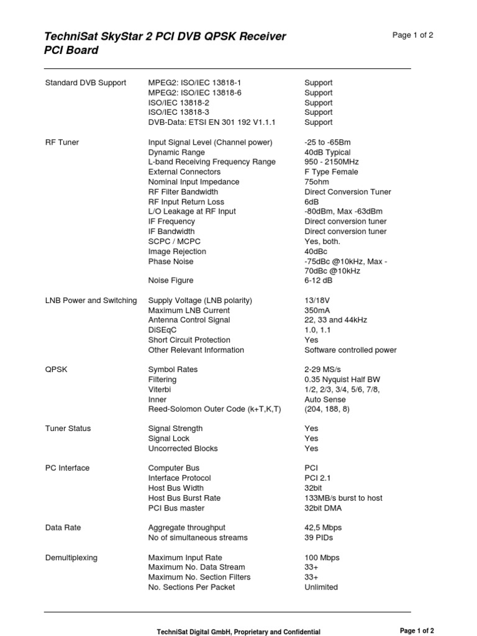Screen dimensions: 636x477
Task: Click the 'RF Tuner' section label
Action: pyautogui.click(x=62, y=142)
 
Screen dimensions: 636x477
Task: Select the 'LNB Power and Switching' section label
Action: pyautogui.click(x=91, y=301)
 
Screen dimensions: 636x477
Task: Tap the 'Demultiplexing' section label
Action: pyautogui.click(x=71, y=558)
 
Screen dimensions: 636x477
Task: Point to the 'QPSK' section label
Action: pyautogui.click(x=57, y=370)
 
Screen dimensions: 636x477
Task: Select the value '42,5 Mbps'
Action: pyautogui.click(x=323, y=528)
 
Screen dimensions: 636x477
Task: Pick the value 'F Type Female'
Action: pyautogui.click(x=331, y=172)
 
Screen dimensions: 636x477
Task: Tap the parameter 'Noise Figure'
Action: pyautogui.click(x=171, y=281)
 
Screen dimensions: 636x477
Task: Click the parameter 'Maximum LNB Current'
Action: pyautogui.click(x=189, y=311)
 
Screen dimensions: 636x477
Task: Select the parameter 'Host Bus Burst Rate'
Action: pyautogui.click(x=184, y=498)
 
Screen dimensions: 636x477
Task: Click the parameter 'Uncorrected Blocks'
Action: pyautogui.click(x=183, y=448)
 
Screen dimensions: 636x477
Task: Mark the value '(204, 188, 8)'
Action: pyautogui.click(x=327, y=409)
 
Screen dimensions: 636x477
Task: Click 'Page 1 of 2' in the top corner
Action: pyautogui.click(x=413, y=35)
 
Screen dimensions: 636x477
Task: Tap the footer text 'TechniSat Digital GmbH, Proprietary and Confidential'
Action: pyautogui.click(x=238, y=632)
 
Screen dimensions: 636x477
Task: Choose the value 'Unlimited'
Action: pyautogui.click(x=321, y=588)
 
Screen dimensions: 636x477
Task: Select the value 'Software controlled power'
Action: pyautogui.click(x=350, y=350)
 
